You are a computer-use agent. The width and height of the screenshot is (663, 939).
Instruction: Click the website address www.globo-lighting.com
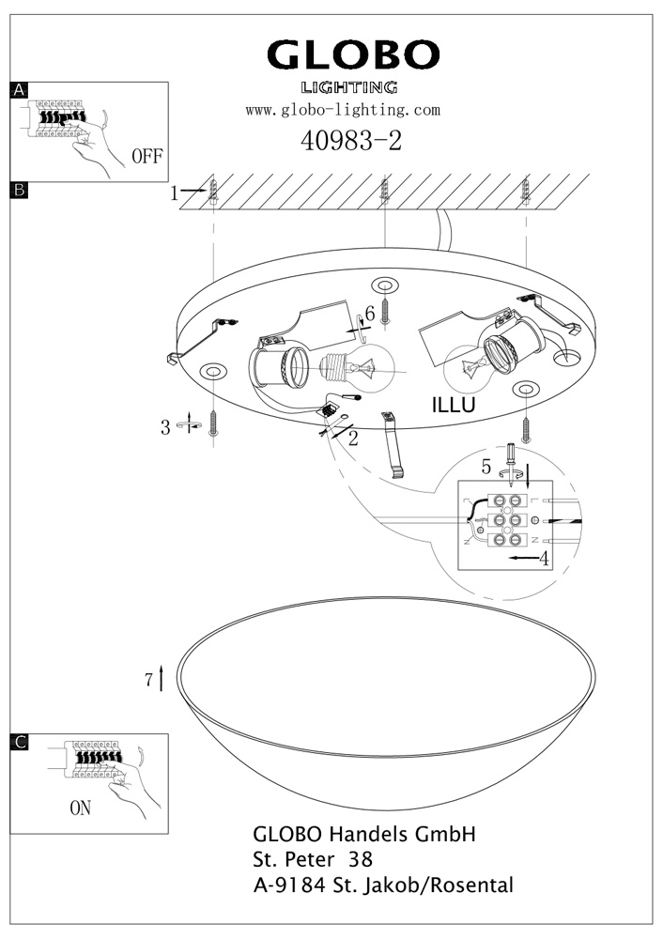[x=343, y=110]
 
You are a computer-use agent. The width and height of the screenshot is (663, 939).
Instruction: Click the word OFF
[x=147, y=156]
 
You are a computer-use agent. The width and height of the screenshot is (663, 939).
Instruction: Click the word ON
[x=81, y=807]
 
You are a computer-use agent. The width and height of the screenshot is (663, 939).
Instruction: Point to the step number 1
[x=175, y=193]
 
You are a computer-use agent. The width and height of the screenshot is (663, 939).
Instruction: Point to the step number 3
[x=165, y=427]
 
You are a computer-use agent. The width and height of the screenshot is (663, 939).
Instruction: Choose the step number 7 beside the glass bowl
[x=149, y=681]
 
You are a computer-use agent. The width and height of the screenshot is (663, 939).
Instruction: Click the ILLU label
[x=454, y=406]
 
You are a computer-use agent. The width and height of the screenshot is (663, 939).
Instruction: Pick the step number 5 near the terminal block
[x=486, y=466]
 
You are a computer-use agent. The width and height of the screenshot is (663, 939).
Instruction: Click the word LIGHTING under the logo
[x=348, y=87]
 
